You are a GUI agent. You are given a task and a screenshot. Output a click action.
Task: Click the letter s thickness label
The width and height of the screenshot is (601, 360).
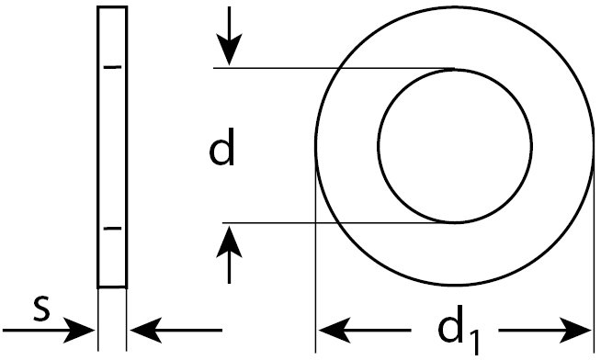click(40, 310)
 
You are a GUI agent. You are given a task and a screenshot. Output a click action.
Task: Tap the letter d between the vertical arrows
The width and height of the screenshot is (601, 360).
click(222, 148)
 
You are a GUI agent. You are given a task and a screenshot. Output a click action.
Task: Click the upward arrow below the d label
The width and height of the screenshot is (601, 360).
click(231, 252)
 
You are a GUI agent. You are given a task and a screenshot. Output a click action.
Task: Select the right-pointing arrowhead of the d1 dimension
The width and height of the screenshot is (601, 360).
click(570, 329)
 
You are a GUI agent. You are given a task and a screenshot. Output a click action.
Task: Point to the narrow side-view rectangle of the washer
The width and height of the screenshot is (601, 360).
click(112, 147)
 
